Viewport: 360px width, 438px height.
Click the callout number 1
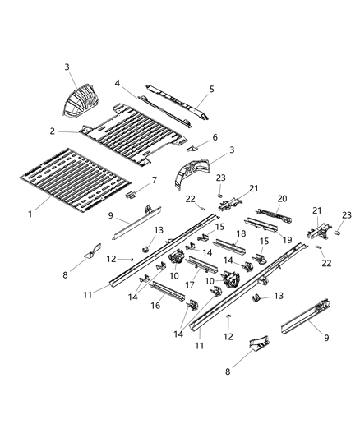click(x=31, y=214)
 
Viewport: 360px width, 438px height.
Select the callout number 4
click(x=118, y=83)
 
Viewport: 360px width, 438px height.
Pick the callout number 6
click(x=215, y=137)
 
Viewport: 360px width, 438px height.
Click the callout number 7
click(x=154, y=179)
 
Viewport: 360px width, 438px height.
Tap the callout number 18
click(x=241, y=234)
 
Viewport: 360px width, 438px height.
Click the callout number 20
click(x=281, y=199)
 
